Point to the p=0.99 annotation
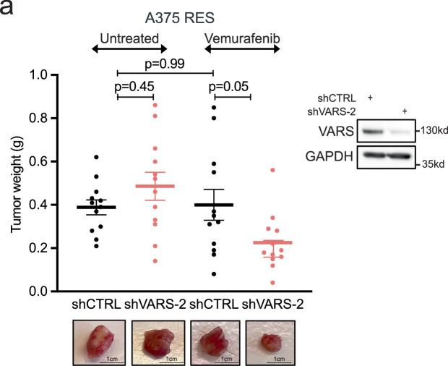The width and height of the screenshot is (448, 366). [165, 64]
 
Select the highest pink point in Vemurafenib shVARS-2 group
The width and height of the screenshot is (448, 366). [272, 170]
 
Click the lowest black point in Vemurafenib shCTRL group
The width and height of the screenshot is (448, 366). [214, 274]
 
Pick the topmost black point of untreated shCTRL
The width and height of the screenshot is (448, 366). [96, 157]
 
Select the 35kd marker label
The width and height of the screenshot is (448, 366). [433, 164]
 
